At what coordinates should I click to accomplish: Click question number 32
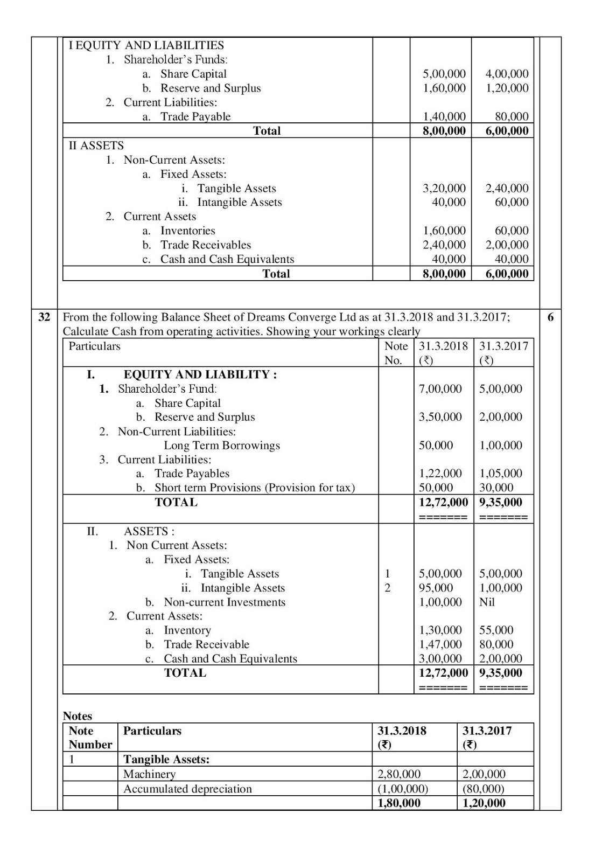[44, 317]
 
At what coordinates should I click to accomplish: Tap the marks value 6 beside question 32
[550, 317]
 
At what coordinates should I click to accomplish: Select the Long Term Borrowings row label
[222, 446]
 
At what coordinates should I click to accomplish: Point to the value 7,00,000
[440, 389]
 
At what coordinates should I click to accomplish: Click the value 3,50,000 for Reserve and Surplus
[440, 417]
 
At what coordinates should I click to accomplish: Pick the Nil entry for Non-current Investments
[487, 602]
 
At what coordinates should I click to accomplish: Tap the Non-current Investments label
[225, 602]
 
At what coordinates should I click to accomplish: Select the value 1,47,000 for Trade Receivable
[440, 644]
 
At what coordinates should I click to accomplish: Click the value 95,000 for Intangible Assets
[436, 588]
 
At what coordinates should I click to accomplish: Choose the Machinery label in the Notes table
[149, 774]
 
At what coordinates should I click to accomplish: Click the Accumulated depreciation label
[187, 789]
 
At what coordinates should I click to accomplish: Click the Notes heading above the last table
[78, 716]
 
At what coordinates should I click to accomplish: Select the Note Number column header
[90, 738]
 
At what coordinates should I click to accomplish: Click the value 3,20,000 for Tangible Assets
[444, 189]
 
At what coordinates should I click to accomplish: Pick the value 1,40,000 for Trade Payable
[444, 116]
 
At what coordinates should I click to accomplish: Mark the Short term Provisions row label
[254, 488]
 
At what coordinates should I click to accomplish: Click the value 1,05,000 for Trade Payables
[500, 474]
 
